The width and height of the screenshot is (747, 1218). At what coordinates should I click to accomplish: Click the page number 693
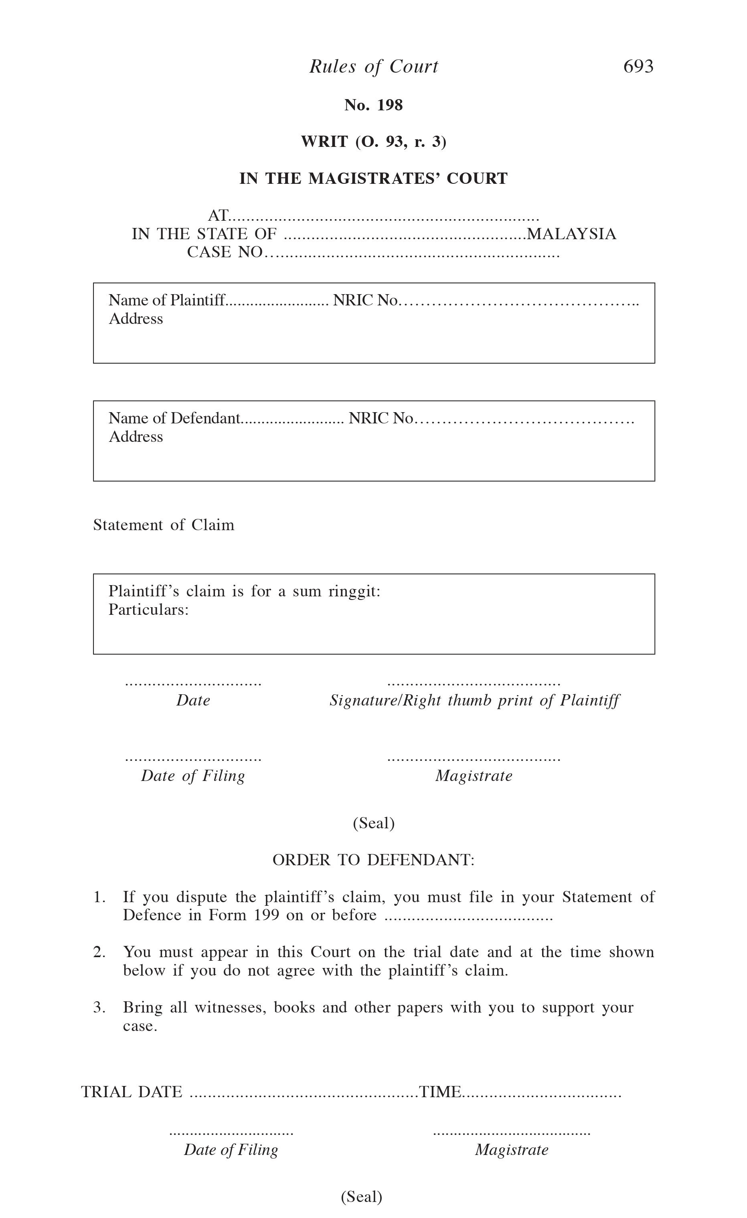coord(638,66)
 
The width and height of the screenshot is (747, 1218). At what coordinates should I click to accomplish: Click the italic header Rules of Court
coord(374,66)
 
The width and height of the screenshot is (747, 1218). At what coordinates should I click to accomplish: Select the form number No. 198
coord(374,105)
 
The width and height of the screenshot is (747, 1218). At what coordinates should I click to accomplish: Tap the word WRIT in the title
coord(324,142)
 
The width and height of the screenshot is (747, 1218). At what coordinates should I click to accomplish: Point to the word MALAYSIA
coord(572,234)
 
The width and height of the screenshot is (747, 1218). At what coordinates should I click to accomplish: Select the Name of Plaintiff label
coord(166,300)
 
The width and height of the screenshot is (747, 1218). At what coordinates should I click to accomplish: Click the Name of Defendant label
coord(174,418)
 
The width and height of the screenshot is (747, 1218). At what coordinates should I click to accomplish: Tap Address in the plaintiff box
coord(136,319)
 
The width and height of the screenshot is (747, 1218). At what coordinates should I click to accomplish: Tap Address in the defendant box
coord(136,437)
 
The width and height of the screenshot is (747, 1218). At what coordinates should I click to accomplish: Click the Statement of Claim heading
coord(164,525)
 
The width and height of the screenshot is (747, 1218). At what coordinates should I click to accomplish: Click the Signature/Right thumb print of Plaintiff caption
coord(474,700)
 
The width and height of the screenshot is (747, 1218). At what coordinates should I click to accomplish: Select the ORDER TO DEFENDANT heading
coord(374,860)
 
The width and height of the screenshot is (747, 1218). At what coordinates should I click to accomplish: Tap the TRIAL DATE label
coord(132,1092)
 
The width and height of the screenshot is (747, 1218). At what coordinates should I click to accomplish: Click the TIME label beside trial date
coord(440,1092)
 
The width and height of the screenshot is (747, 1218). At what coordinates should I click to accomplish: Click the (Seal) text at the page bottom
coord(362,1197)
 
